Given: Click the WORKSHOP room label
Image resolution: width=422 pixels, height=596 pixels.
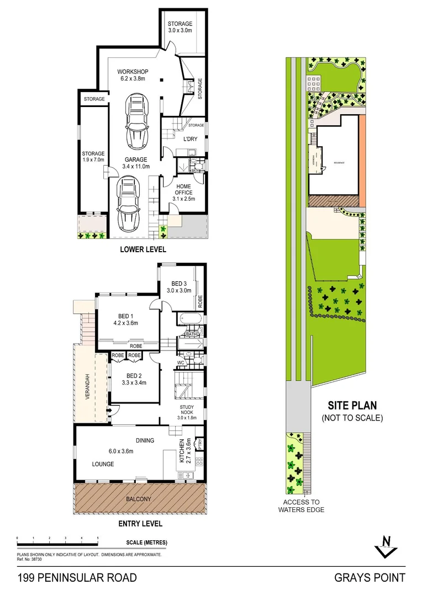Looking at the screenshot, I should click(x=133, y=72).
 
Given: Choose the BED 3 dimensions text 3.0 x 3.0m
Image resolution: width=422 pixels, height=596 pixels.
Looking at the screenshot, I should click(x=180, y=290).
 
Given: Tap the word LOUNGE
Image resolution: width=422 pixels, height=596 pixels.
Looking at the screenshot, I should click(x=103, y=464).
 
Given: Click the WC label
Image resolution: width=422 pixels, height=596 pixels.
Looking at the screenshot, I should click(x=181, y=363).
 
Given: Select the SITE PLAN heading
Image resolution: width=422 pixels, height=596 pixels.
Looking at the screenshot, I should click(x=352, y=405).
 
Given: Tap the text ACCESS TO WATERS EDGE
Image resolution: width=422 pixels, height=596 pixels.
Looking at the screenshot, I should click(x=301, y=505).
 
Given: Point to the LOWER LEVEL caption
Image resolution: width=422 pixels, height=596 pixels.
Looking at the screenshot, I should click(x=143, y=249).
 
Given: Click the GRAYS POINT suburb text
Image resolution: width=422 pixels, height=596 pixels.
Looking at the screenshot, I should click(x=370, y=578).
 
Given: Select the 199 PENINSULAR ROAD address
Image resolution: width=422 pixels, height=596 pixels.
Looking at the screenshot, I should click(x=77, y=578).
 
